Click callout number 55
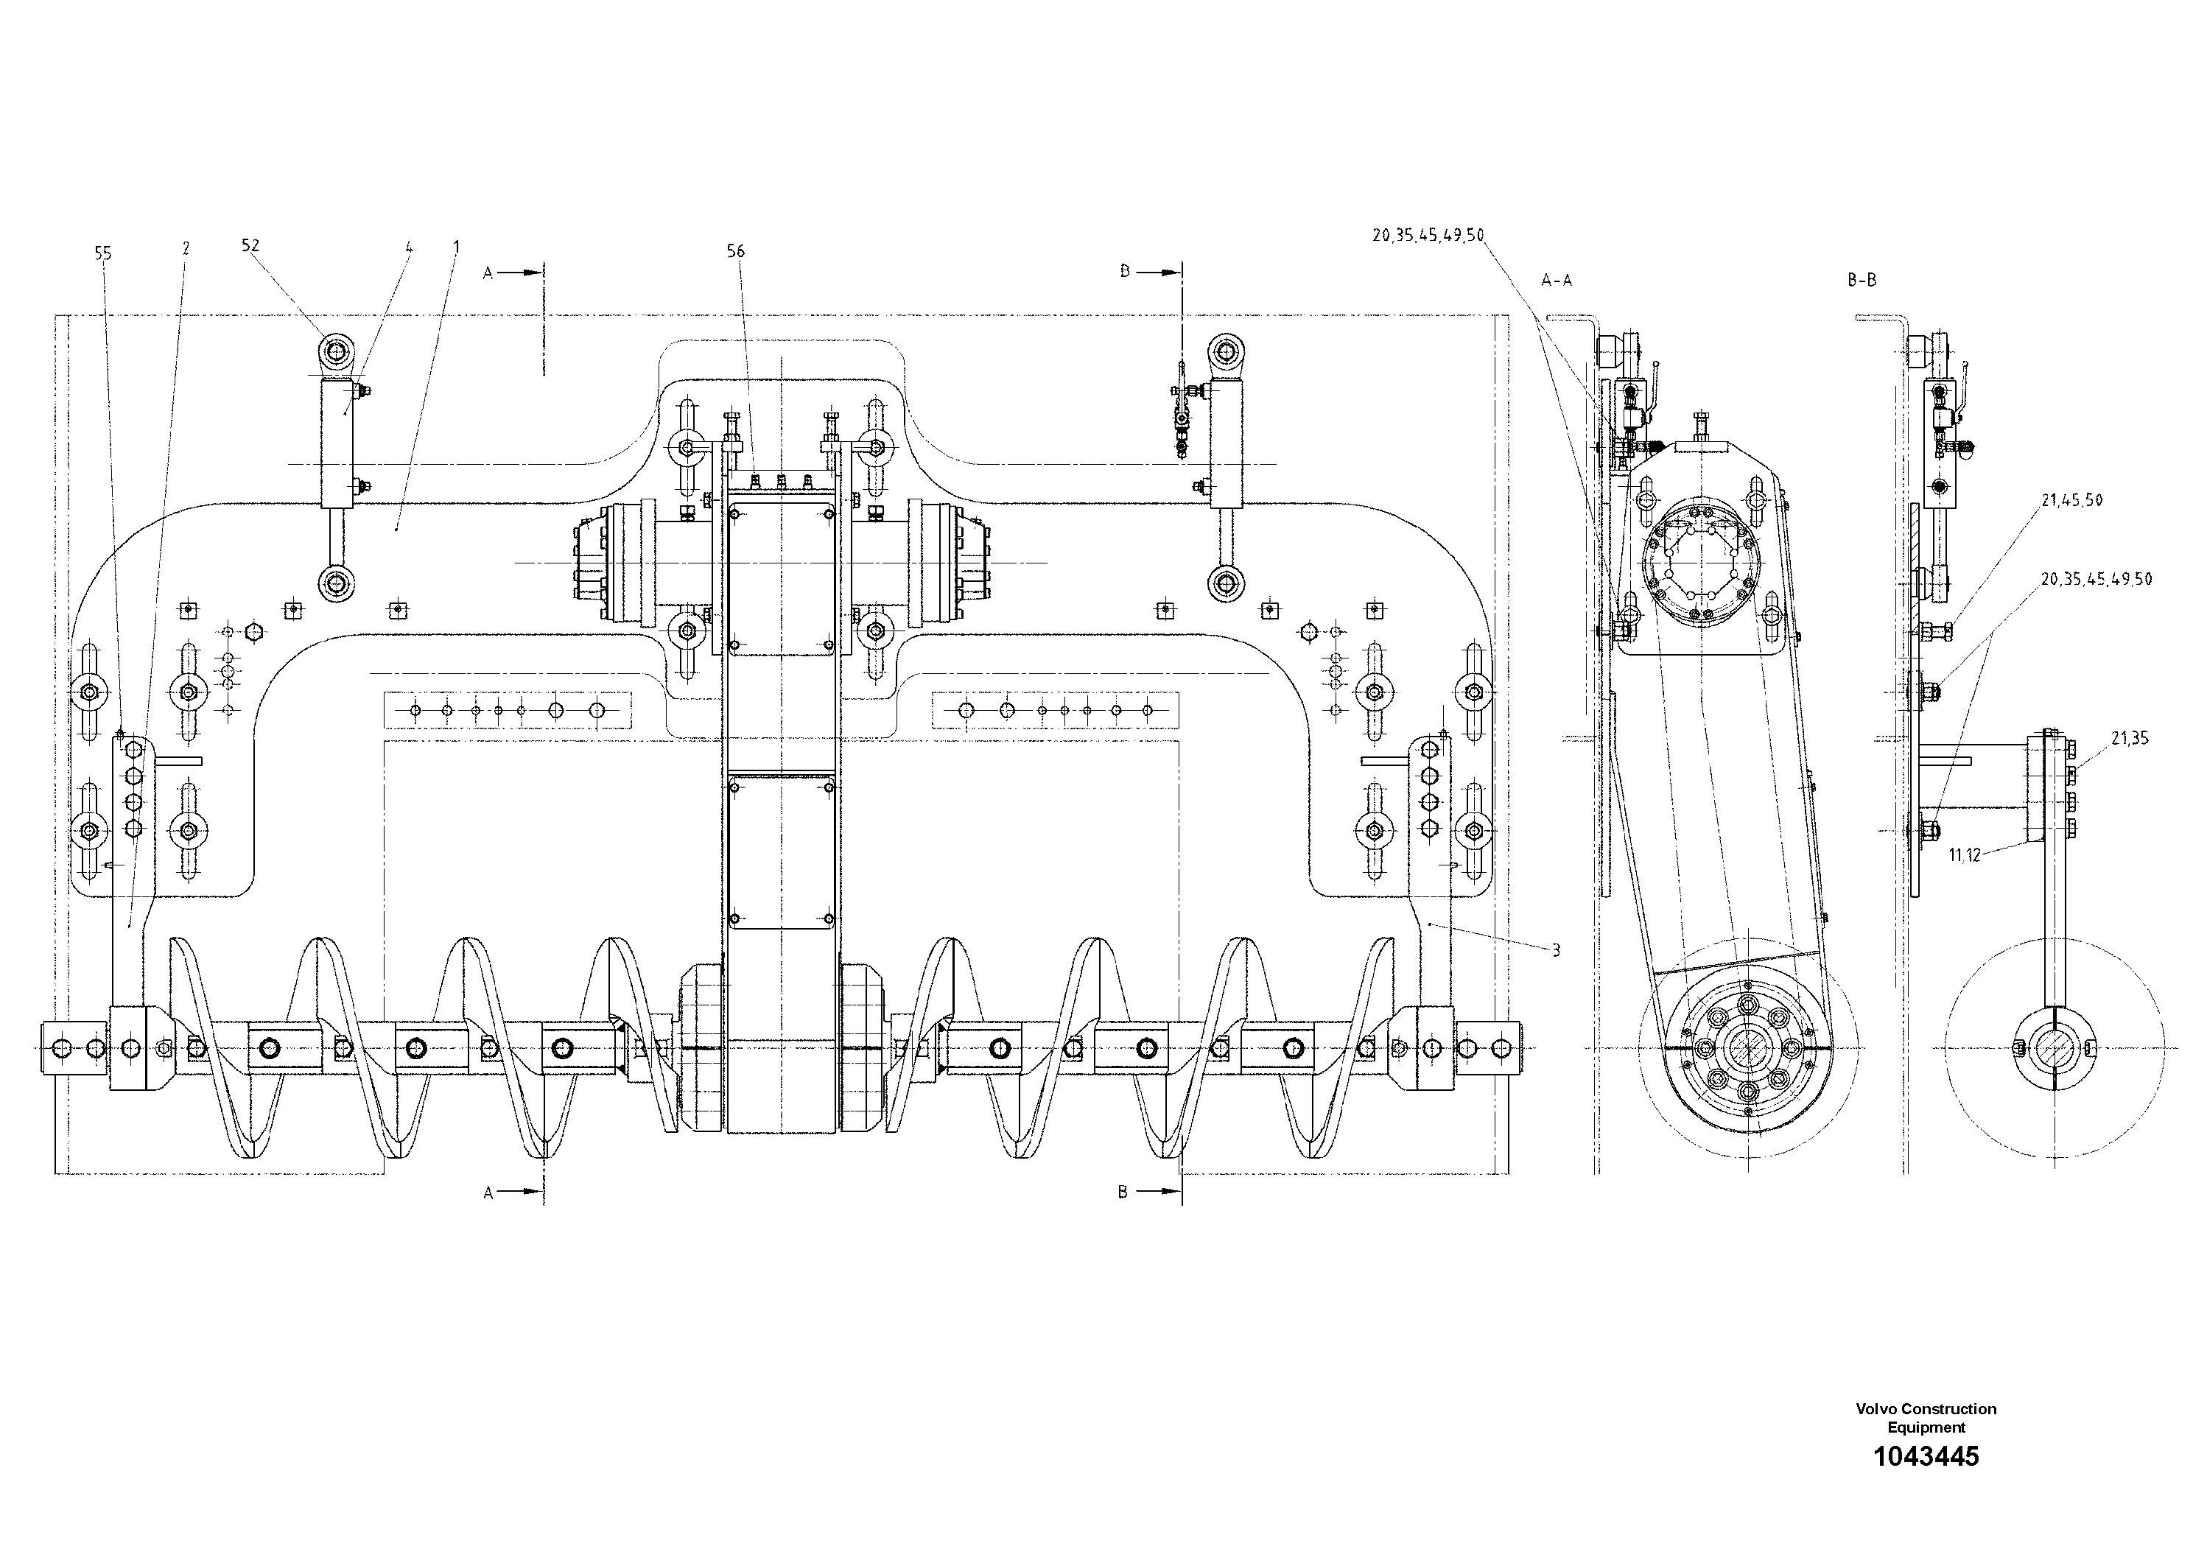click(103, 253)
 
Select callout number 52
click(250, 245)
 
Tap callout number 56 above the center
click(735, 251)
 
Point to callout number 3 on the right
click(1556, 950)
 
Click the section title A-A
click(1557, 281)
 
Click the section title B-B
click(1862, 281)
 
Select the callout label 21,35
click(2130, 738)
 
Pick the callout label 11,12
click(1965, 856)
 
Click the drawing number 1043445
click(1926, 1484)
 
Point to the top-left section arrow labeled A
click(506, 273)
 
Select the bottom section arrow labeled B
click(1141, 1192)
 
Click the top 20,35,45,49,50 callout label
click(1428, 235)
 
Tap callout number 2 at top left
click(186, 248)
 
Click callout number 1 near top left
click(457, 247)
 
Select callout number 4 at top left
click(409, 247)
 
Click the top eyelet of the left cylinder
click(335, 352)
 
